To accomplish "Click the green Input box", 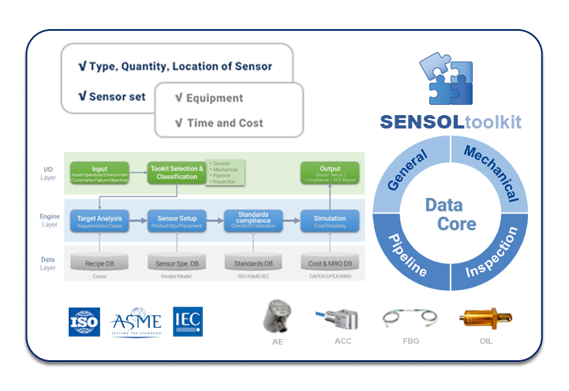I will click(100, 172).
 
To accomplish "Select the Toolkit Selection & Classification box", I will click(176, 172).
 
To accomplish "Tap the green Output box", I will click(330, 172).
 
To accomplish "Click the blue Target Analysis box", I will click(100, 221).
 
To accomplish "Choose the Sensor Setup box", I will click(176, 221).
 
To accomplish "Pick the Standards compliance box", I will click(253, 221).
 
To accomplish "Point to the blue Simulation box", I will click(330, 221).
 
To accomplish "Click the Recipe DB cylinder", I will click(100, 262).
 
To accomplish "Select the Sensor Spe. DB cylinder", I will click(176, 262).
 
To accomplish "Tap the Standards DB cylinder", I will click(253, 262).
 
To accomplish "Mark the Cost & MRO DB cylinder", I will click(330, 262).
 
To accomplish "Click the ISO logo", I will click(84, 321).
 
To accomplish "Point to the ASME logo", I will click(137, 321).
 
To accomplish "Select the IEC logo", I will click(188, 321).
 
